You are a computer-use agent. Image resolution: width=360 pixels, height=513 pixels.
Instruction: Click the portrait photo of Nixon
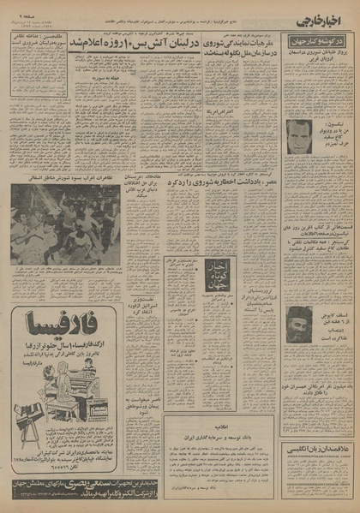299,134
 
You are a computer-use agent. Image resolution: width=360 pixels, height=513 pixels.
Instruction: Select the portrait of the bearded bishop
300,322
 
